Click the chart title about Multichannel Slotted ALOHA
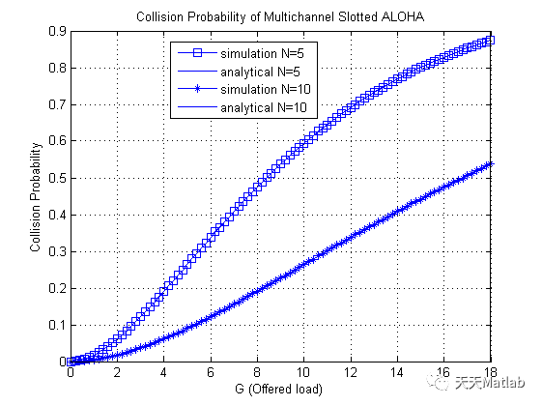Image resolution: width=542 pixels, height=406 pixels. click(x=280, y=16)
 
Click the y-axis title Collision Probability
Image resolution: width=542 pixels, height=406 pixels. click(x=35, y=197)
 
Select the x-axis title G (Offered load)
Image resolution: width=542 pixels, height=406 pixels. click(x=280, y=391)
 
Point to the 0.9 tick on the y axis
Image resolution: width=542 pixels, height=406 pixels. click(x=57, y=32)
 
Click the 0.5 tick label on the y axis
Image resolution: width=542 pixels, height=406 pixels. click(x=57, y=179)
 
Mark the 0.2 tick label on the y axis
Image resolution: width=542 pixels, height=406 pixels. click(x=57, y=289)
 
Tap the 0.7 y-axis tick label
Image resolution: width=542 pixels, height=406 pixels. click(x=57, y=105)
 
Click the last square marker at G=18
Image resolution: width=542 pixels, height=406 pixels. click(x=490, y=41)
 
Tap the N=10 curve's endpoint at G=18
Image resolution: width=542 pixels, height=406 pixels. click(x=490, y=163)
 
